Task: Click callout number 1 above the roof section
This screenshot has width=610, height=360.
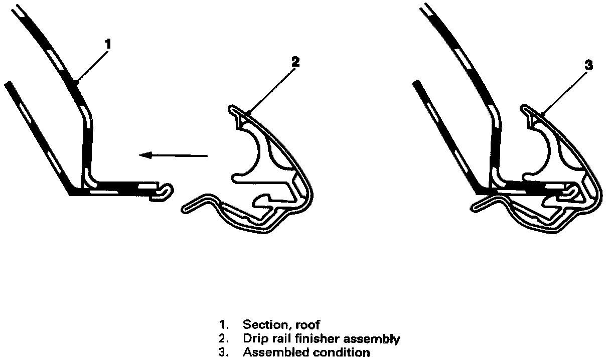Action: coord(108,44)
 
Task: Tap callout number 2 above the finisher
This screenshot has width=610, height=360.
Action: coord(295,62)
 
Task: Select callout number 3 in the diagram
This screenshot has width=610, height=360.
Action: coord(589,65)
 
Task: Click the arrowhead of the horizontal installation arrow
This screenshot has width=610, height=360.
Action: coord(145,155)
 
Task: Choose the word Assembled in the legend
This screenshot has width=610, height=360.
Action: coord(275,352)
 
